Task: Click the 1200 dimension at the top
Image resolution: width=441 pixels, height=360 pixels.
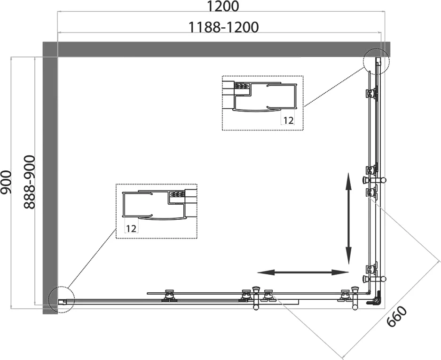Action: tap(223, 7)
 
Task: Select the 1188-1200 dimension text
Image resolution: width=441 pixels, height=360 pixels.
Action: tap(223, 27)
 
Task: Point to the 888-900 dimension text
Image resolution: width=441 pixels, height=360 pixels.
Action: tap(29, 182)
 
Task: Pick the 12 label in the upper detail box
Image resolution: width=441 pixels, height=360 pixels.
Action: tap(288, 120)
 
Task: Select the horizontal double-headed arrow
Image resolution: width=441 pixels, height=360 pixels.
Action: tap(303, 272)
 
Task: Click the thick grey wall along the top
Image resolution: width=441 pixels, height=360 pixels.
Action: tap(216, 49)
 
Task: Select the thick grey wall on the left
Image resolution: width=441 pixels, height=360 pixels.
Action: tap(50, 179)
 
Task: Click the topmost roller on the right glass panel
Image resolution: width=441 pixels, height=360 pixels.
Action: tap(371, 94)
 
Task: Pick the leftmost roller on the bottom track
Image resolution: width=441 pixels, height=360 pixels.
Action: tap(168, 295)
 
